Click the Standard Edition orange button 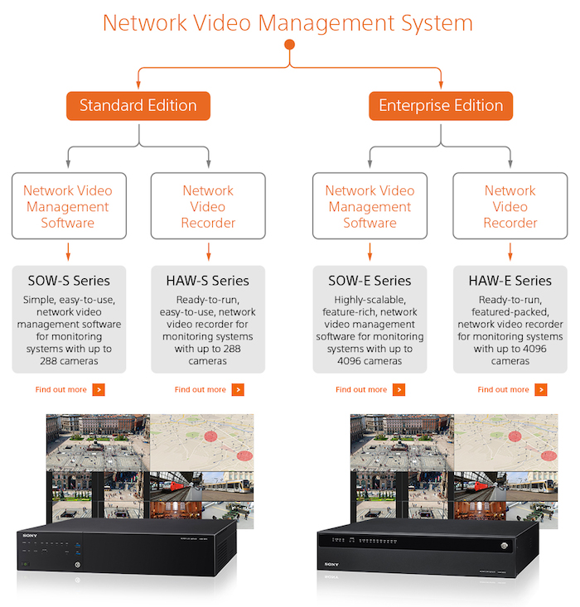pyautogui.click(x=138, y=106)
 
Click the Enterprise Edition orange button pyautogui.click(x=441, y=106)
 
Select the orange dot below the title pyautogui.click(x=289, y=44)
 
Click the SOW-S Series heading pyautogui.click(x=68, y=281)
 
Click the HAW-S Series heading pyautogui.click(x=208, y=281)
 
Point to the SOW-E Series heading pyautogui.click(x=370, y=281)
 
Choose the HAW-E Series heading pyautogui.click(x=510, y=281)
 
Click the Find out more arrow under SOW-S pyautogui.click(x=99, y=389)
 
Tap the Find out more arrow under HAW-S pyautogui.click(x=238, y=389)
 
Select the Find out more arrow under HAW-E pyautogui.click(x=541, y=389)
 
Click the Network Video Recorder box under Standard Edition pyautogui.click(x=208, y=206)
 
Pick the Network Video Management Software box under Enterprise pyautogui.click(x=370, y=206)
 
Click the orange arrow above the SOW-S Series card pyautogui.click(x=68, y=251)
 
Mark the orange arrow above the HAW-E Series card pyautogui.click(x=510, y=251)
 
